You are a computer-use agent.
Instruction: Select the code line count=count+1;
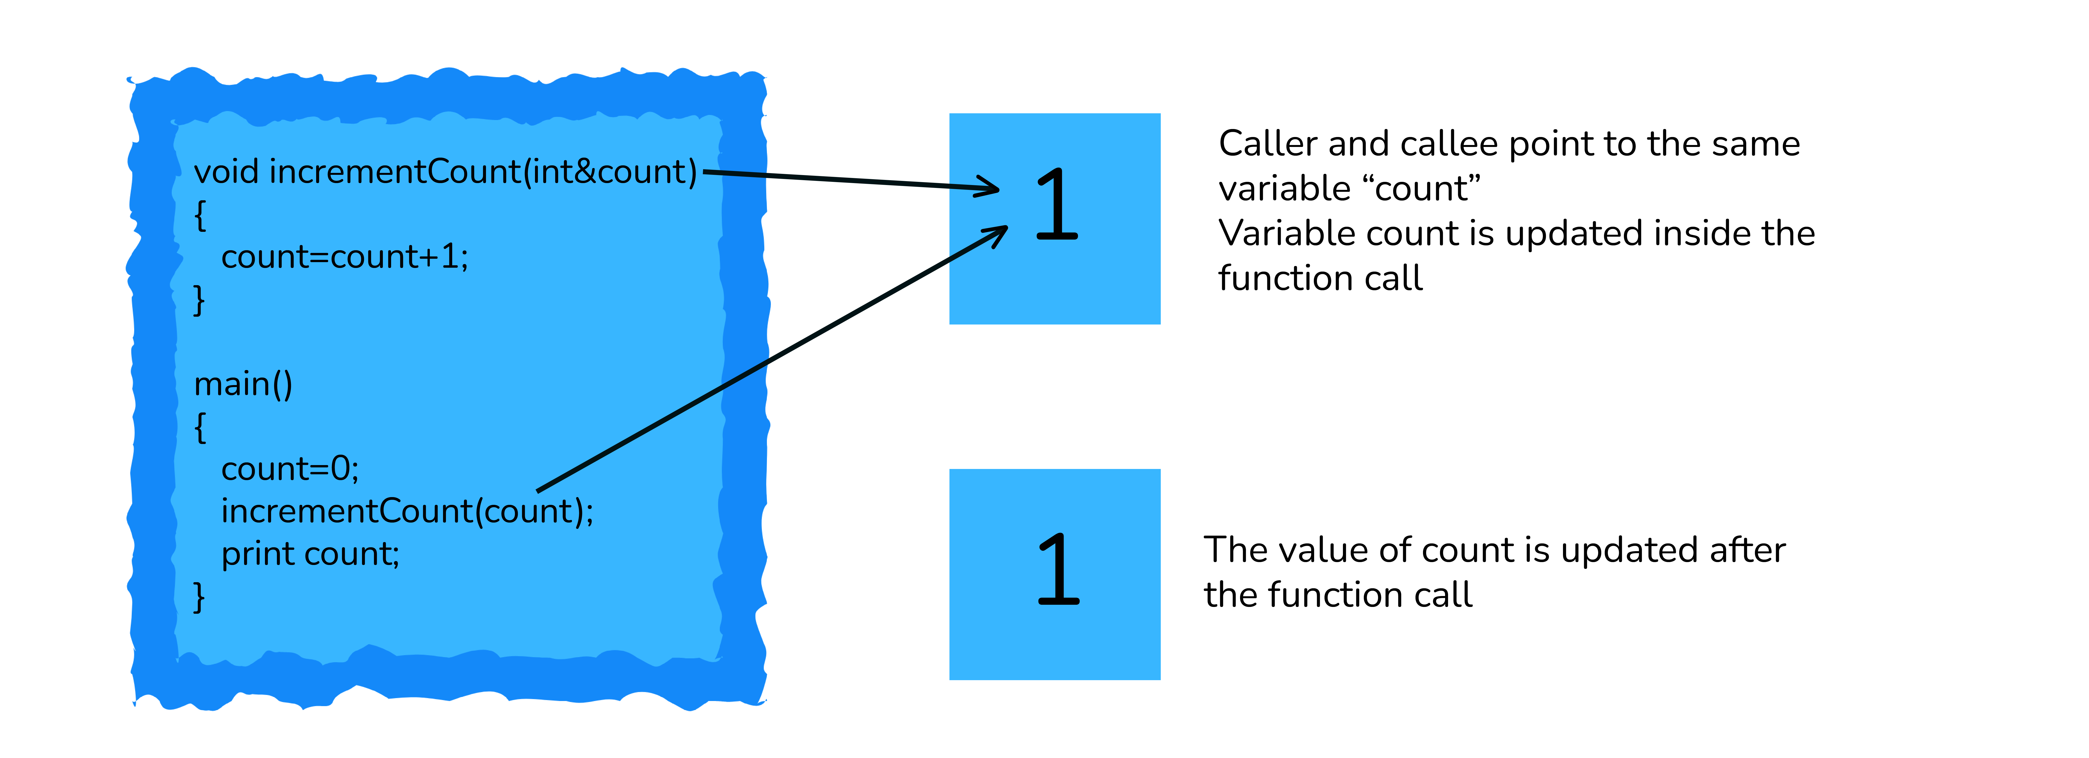click(x=345, y=257)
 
